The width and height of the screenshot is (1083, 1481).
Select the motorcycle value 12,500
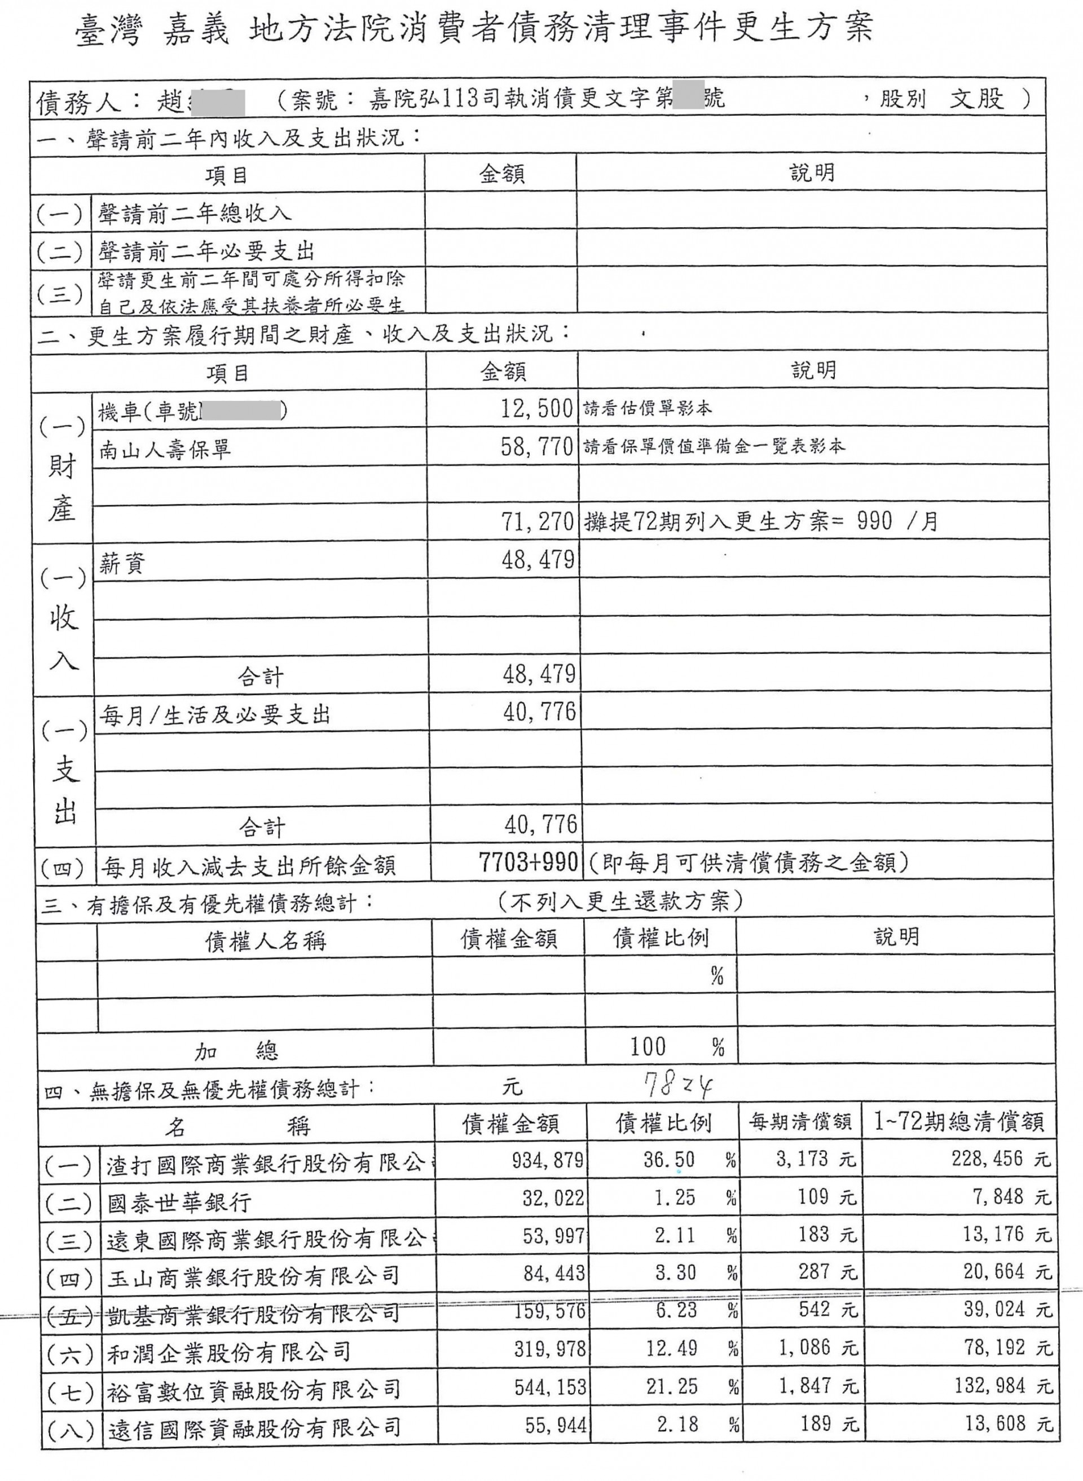[537, 409]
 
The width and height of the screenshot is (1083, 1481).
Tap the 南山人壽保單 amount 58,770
[537, 447]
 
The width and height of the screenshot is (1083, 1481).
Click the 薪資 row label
[122, 563]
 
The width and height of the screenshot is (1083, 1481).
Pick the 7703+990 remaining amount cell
[528, 863]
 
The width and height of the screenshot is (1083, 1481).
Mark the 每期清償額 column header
[800, 1122]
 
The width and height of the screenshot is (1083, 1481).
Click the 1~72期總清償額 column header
[958, 1122]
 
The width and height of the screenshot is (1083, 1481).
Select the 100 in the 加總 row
[648, 1046]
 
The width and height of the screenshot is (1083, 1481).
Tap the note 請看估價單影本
[647, 409]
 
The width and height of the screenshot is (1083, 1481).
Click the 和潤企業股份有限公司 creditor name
[229, 1351]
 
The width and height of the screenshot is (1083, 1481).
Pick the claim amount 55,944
[555, 1424]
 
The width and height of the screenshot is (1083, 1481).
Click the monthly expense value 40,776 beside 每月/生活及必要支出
[539, 713]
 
